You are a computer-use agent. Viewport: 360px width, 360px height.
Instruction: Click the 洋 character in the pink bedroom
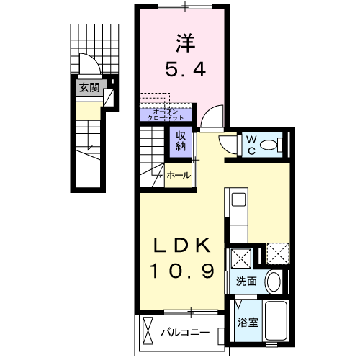pyautogui.click(x=183, y=42)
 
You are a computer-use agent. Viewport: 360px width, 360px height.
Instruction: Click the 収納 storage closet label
pyautogui.click(x=179, y=140)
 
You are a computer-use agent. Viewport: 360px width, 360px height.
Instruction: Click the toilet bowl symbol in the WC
pyautogui.click(x=271, y=145)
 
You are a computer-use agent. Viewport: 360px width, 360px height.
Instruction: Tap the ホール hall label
pyautogui.click(x=179, y=175)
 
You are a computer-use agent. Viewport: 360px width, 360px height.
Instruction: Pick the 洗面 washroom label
pyautogui.click(x=246, y=282)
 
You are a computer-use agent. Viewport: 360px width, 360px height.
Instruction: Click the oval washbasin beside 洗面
pyautogui.click(x=274, y=282)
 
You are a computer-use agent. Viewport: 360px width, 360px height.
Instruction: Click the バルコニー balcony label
pyautogui.click(x=184, y=333)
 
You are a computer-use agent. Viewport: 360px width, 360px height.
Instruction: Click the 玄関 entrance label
pyautogui.click(x=89, y=88)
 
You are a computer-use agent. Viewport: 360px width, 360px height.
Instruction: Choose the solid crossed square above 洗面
pyautogui.click(x=239, y=257)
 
